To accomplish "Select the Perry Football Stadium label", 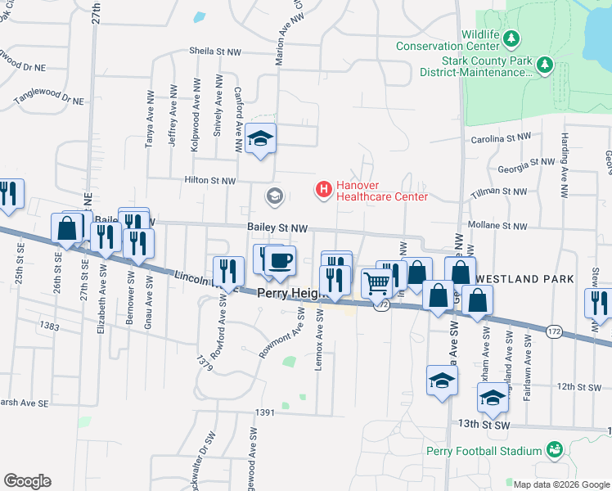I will coord(484,450).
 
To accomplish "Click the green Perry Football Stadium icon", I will coord(555,449).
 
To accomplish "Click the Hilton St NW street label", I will coord(210,181).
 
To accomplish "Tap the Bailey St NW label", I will coord(277,228).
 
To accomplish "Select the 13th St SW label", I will coord(484,425).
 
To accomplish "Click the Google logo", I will coord(27,481).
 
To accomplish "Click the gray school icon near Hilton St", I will coord(272,196).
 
